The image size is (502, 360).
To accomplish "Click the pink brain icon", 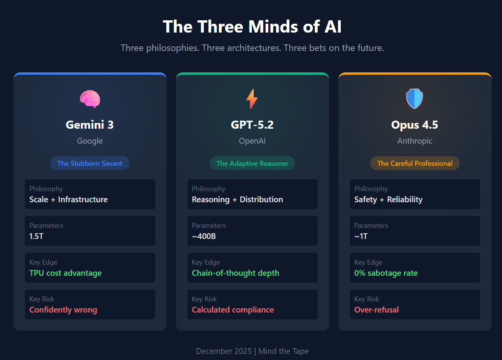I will pyautogui.click(x=90, y=99).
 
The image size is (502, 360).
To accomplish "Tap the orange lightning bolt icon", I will pyautogui.click(x=252, y=99).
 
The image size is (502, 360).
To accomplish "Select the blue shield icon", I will pyautogui.click(x=415, y=99).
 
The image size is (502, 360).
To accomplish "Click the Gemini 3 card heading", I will pyautogui.click(x=90, y=125).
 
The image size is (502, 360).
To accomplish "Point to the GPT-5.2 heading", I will pyautogui.click(x=252, y=125).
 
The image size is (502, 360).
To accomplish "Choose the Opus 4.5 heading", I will pyautogui.click(x=415, y=125).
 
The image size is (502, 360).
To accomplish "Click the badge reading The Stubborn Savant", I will pyautogui.click(x=90, y=164).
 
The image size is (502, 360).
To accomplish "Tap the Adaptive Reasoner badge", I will pyautogui.click(x=252, y=164).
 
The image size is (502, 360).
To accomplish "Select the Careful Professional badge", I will pyautogui.click(x=415, y=164).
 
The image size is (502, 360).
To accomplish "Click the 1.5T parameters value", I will pyautogui.click(x=36, y=236).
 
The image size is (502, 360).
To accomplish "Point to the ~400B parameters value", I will pyautogui.click(x=204, y=236).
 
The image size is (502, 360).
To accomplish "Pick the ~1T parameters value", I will pyautogui.click(x=361, y=236).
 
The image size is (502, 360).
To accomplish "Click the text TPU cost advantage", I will pyautogui.click(x=66, y=273).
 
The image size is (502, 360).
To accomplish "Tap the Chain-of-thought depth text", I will pyautogui.click(x=235, y=273).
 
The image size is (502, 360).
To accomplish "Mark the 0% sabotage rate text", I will pyautogui.click(x=386, y=273).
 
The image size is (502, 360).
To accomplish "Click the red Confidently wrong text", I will pyautogui.click(x=63, y=310).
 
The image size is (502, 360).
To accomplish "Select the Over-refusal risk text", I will pyautogui.click(x=376, y=310).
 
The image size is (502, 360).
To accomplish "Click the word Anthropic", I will pyautogui.click(x=415, y=141).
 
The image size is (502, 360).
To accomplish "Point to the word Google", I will pyautogui.click(x=90, y=141).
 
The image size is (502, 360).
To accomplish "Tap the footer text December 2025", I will pyautogui.click(x=224, y=351).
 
